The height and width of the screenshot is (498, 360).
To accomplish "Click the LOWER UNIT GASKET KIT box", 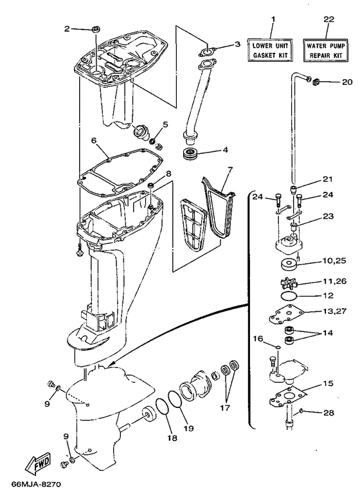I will pyautogui.click(x=271, y=50).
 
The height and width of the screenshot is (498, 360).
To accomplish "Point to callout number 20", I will pyautogui.click(x=346, y=82).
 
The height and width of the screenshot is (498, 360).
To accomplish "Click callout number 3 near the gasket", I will pyautogui.click(x=237, y=44).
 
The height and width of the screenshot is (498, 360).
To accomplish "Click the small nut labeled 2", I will pyautogui.click(x=95, y=29).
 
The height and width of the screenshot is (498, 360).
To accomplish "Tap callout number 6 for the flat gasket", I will pyautogui.click(x=94, y=140).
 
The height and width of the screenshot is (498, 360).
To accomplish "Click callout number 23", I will pyautogui.click(x=329, y=217).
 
